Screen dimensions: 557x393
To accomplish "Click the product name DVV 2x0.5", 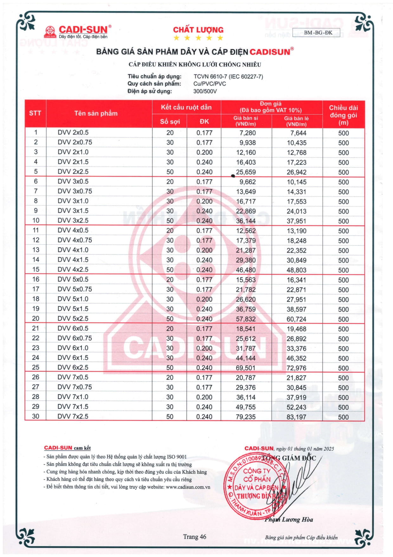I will [73, 133].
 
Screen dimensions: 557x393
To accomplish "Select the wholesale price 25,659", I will [246, 172].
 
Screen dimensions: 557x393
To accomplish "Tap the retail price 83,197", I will [296, 417].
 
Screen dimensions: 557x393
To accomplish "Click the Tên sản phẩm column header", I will [96, 113].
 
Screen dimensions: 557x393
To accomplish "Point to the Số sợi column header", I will [170, 122].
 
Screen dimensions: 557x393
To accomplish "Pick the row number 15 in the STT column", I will [36, 269].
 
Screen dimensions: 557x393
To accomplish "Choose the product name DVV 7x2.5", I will [73, 416].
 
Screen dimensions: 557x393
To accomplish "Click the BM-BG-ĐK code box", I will [318, 33].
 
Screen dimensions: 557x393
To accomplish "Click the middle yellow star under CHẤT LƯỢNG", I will [198, 38].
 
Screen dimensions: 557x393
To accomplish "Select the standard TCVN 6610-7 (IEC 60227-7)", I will [228, 76].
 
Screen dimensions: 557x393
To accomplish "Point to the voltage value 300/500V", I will [205, 91].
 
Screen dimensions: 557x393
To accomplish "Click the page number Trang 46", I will [195, 537].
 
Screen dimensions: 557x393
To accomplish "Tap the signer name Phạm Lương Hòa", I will [289, 520].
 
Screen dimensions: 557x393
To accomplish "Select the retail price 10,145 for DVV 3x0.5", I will [296, 182].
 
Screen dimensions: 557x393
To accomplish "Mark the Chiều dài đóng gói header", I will [343, 115].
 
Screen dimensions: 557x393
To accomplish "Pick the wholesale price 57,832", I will [246, 319].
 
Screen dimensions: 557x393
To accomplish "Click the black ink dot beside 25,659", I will [233, 176].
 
